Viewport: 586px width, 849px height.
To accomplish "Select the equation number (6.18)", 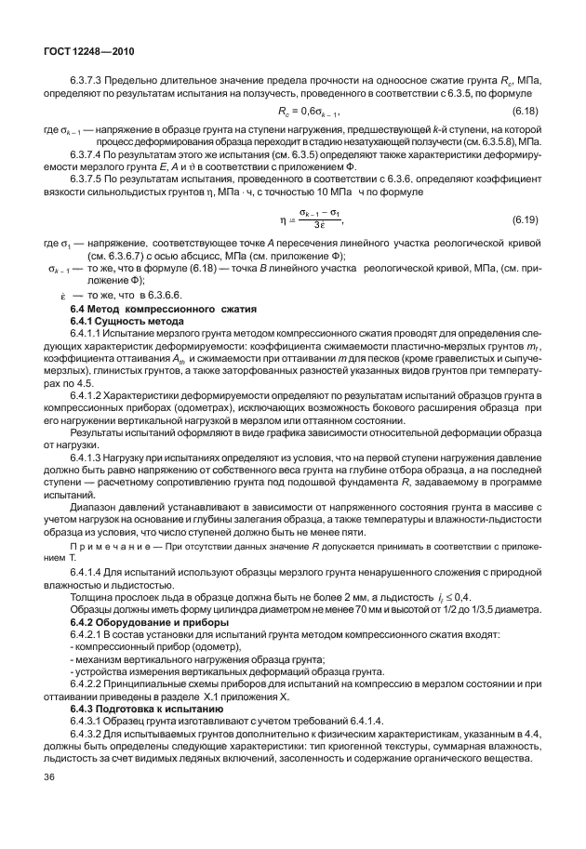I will coord(527,113).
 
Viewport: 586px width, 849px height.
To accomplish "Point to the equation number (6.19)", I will coord(527,219).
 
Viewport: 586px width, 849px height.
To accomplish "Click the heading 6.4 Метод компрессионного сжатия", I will coord(143,308).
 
